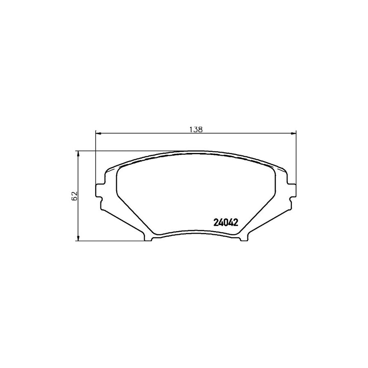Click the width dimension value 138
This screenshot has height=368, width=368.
click(x=196, y=129)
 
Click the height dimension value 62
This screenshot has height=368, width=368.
click(x=74, y=195)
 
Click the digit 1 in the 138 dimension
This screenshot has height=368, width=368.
click(x=191, y=129)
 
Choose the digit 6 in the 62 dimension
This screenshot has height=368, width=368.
click(x=74, y=198)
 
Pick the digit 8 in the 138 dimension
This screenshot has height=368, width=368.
click(x=200, y=129)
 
